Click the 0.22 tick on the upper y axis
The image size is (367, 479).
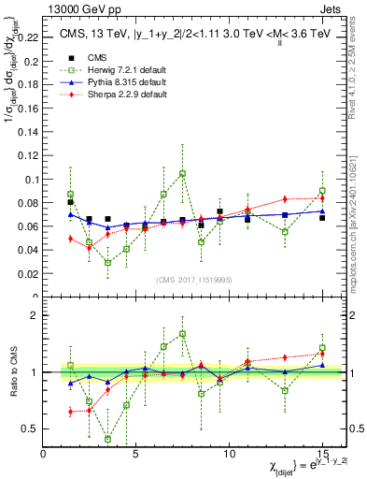(30, 38)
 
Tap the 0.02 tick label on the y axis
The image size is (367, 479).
(30, 274)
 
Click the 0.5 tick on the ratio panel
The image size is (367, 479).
(33, 428)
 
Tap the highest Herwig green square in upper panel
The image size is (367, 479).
(183, 173)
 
